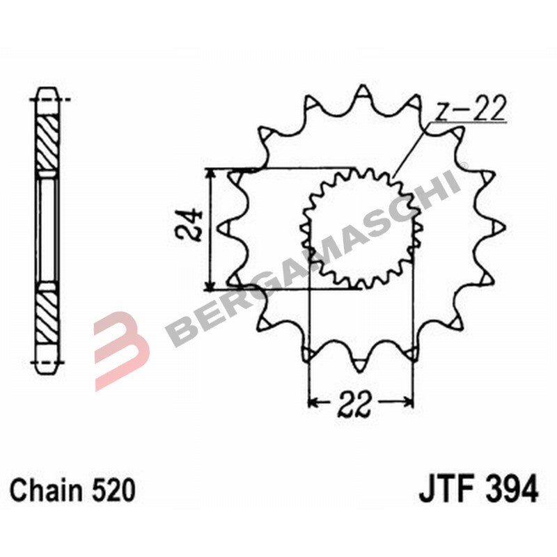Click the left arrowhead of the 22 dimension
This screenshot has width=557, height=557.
pyautogui.click(x=313, y=402)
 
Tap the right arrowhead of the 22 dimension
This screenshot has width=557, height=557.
pyautogui.click(x=409, y=402)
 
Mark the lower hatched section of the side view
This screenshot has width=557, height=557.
pyautogui.click(x=47, y=313)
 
